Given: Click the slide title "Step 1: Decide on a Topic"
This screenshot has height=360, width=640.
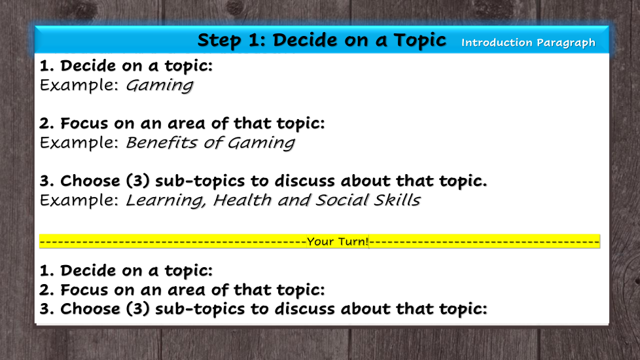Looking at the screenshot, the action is point(321,40).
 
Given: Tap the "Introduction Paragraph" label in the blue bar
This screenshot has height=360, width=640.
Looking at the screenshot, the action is point(528,43).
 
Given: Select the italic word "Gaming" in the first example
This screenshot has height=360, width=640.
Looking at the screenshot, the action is point(159,86).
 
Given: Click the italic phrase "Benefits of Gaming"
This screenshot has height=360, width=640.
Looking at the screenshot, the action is point(210,143).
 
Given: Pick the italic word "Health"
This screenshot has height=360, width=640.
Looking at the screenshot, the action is point(242,200).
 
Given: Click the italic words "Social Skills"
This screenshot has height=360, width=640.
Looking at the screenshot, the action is point(368,200).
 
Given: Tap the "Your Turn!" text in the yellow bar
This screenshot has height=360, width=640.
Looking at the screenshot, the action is point(338,242).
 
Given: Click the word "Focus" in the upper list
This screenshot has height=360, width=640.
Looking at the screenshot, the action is point(84,123).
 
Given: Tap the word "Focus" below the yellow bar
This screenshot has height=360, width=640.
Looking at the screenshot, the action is point(84,290).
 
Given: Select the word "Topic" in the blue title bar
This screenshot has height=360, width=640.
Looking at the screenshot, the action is point(419,41).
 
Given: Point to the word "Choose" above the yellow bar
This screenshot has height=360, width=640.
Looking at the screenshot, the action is point(90,181).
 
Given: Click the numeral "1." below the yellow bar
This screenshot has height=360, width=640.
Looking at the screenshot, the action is point(46,270).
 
